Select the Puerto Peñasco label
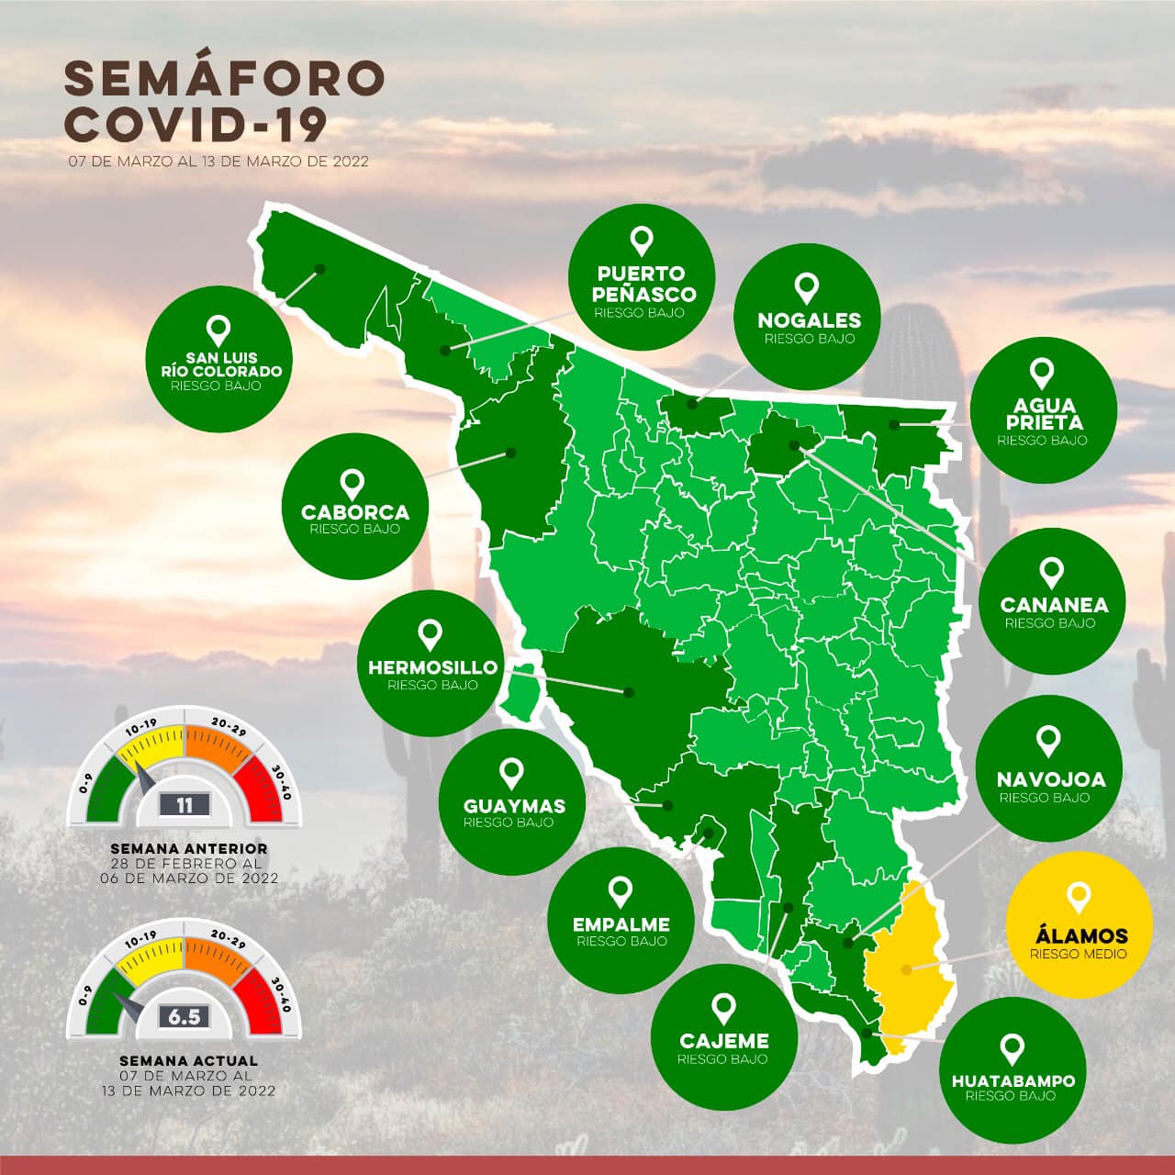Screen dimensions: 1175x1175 642,284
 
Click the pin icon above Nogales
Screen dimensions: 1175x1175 808,287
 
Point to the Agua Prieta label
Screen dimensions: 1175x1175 1044,414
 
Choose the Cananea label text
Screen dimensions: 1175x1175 1054,605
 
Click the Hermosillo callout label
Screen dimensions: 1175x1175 432,667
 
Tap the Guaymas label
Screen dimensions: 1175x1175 514,806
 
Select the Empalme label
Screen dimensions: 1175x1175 621,924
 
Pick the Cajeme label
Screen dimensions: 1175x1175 724,1041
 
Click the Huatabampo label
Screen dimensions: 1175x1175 1013,1080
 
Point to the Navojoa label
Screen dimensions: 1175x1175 1051,779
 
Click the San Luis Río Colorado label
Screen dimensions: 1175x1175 220,364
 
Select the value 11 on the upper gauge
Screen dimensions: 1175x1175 185,805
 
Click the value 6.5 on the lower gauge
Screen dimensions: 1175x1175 185,1017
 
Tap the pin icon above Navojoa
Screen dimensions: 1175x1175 1048,739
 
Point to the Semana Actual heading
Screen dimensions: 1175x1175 188,1060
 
